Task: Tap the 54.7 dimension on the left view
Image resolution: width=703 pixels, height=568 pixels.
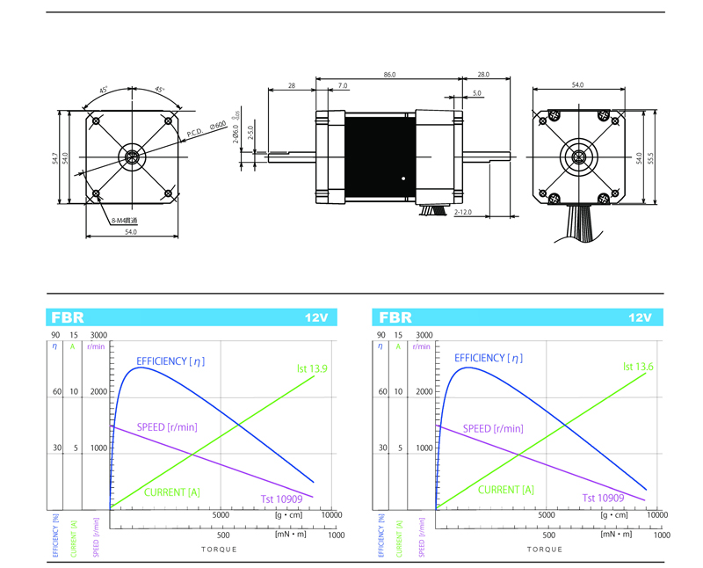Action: [54, 157]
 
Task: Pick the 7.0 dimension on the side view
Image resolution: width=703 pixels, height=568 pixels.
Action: [343, 86]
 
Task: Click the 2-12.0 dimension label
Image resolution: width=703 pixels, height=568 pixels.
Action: [463, 213]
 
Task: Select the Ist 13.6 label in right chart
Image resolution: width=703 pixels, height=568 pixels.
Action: [640, 367]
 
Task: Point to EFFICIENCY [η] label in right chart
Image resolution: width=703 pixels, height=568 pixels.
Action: [489, 358]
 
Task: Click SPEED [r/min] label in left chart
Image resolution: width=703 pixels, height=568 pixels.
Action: [166, 427]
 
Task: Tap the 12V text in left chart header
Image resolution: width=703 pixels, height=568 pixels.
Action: [316, 317]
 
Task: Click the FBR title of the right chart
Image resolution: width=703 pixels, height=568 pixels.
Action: [395, 317]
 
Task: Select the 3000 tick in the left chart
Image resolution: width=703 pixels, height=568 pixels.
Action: [99, 335]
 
